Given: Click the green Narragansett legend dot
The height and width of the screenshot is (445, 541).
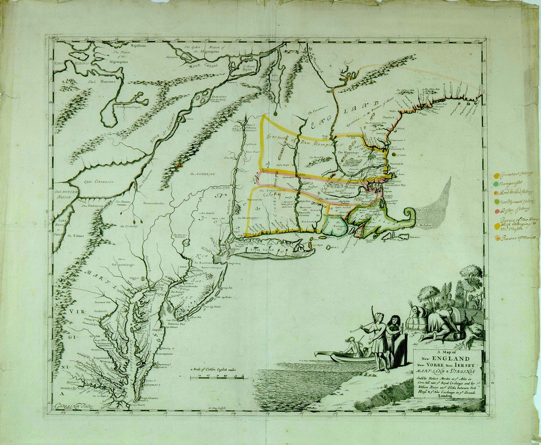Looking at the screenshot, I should click(x=497, y=183).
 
